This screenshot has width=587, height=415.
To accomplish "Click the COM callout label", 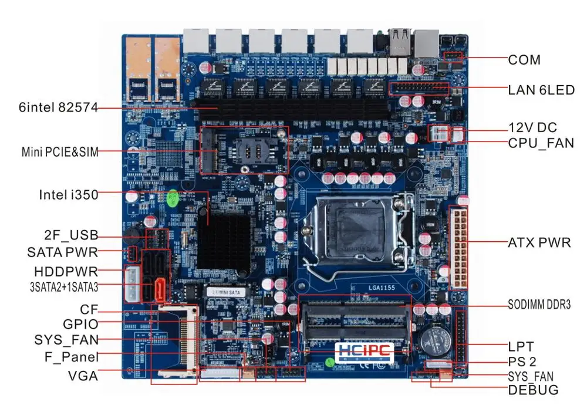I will (524, 60).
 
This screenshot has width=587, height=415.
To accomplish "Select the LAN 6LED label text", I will (541, 90).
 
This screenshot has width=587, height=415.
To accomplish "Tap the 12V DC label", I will (532, 127).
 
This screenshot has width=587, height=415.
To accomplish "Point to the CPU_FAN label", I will (541, 143).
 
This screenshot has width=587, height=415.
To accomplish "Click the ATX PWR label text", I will (539, 242).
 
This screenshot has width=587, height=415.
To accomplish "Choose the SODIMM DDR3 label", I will (539, 304).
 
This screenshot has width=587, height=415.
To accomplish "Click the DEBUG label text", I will (533, 390).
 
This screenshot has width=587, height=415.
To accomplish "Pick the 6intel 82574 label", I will (58, 107).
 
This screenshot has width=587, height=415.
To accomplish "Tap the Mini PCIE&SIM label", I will (60, 153).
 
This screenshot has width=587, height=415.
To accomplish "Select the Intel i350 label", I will (68, 194).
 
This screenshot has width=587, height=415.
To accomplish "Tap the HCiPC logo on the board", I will (364, 350).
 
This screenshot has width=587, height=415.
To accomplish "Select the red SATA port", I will (160, 289).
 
